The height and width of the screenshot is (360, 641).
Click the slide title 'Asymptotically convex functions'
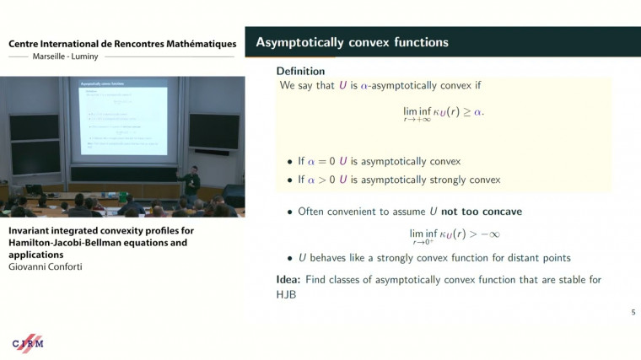tap(352, 42)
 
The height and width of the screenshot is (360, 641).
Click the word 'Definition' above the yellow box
tap(300, 71)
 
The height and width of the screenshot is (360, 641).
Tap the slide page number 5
tap(633, 313)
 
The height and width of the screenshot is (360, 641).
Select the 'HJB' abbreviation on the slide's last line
tap(288, 295)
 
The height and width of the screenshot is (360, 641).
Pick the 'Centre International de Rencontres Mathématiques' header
tap(122, 43)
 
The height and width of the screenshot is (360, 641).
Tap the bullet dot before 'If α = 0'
tap(289, 161)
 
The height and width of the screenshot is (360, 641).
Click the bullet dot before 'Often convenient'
tap(289, 212)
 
